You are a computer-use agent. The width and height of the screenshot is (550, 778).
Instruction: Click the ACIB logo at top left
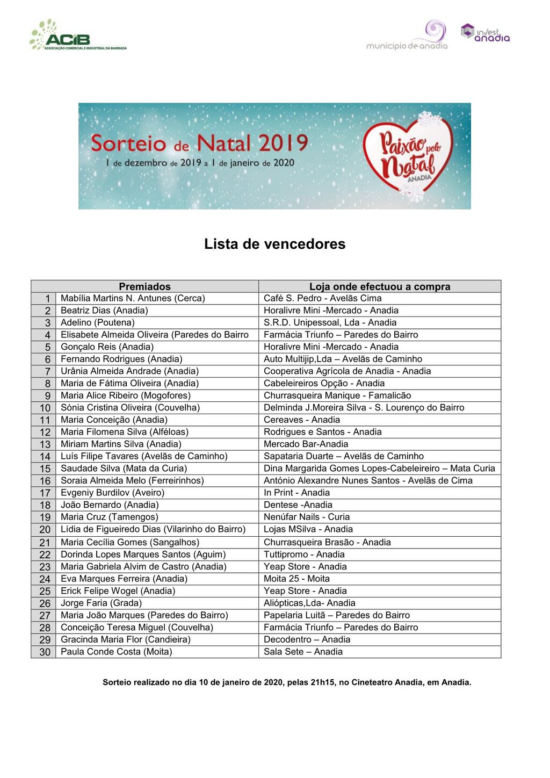[x=77, y=35]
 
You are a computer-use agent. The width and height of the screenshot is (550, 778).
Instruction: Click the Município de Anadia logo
[x=408, y=37]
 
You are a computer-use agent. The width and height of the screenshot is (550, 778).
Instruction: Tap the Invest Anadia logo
[x=485, y=33]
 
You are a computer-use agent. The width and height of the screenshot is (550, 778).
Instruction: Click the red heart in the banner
[x=408, y=156]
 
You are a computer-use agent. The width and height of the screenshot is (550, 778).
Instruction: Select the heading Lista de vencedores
[x=274, y=244]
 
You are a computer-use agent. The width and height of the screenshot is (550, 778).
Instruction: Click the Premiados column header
[x=144, y=286]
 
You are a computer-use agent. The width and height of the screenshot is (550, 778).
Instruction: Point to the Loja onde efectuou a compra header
[x=379, y=286]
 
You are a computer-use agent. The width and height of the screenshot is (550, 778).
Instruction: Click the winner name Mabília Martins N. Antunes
[x=133, y=298]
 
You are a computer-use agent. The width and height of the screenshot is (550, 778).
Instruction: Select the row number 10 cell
[x=45, y=408]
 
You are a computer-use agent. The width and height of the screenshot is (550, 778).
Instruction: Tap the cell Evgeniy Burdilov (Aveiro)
[x=112, y=493]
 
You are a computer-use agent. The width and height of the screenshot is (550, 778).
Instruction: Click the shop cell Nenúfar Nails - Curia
[x=306, y=517]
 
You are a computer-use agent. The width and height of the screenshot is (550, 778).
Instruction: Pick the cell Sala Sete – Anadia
[x=303, y=652]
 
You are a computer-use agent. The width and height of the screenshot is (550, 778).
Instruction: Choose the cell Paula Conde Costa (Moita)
[x=116, y=652]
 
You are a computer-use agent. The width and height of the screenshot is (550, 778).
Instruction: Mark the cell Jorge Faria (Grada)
[x=101, y=603]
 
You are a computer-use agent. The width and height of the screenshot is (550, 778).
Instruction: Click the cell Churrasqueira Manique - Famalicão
[x=337, y=395]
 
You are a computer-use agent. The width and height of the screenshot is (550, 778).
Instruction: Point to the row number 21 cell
[x=45, y=543]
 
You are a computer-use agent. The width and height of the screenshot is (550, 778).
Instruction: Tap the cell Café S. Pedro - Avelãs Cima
[x=322, y=298]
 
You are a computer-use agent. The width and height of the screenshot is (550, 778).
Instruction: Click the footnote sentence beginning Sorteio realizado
[x=287, y=682]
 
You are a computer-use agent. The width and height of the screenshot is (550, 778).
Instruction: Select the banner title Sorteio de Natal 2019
[x=199, y=143]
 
